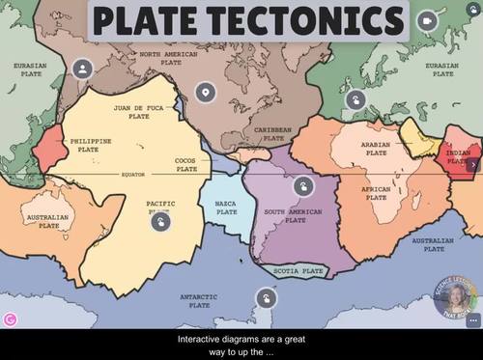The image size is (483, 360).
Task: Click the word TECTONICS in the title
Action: point(318,20)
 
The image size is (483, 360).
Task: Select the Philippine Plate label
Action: point(92,145)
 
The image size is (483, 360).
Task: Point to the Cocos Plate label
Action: point(186,164)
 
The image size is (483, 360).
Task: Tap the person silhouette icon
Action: point(83,69)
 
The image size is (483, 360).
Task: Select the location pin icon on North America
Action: point(203,93)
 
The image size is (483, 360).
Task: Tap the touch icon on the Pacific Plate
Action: point(161,220)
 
